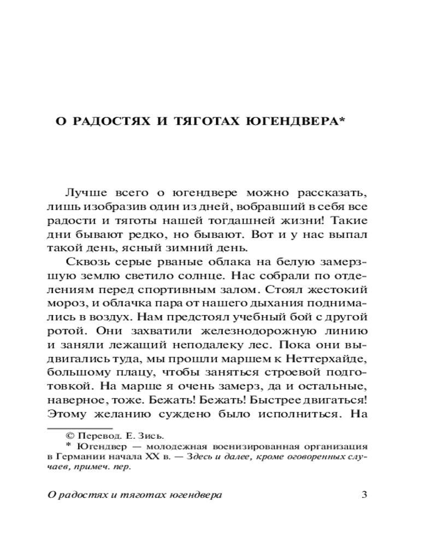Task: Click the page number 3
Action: [x=365, y=496]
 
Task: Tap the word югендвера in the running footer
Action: [x=197, y=496]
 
